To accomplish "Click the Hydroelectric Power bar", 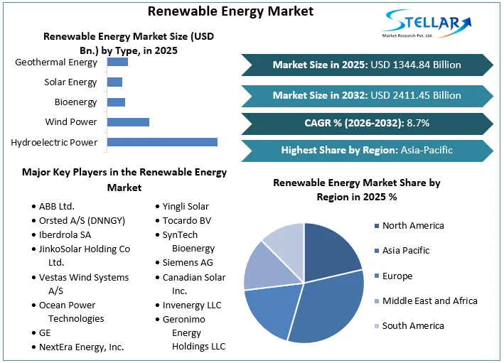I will pos(162,142).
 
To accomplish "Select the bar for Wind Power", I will pos(128,122).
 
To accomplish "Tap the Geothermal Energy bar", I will pos(117,62).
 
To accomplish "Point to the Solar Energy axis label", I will pos(70,82).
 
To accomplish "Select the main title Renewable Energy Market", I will pos(230,11).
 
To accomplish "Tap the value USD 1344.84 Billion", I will pos(415,65).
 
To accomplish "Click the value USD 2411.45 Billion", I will pos(415,95).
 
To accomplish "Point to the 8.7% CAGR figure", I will pos(418,123).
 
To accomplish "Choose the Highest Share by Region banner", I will pos(367,150).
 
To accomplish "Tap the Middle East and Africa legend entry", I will pos(429,300).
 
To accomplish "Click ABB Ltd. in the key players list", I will pos(57,206).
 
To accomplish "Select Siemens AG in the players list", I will pos(188,262).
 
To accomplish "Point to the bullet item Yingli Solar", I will pos(186,206).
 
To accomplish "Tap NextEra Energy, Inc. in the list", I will pos(82,347).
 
